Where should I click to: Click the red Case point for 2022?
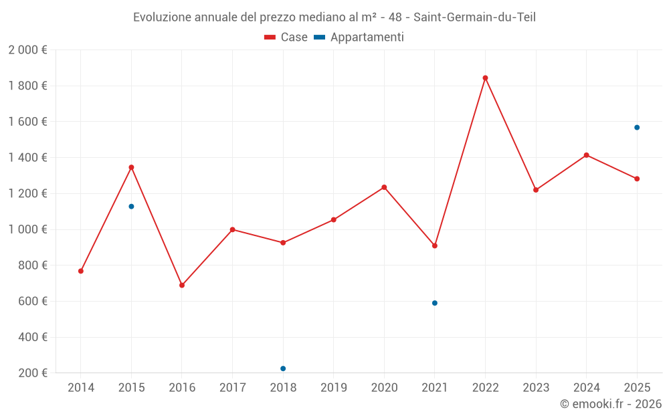coord(485,78)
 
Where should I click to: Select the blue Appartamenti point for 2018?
coord(283,369)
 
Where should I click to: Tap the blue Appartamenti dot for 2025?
coord(637,127)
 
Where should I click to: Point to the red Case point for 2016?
coord(182,285)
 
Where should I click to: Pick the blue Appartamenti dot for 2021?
coord(435,303)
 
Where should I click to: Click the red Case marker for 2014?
coord(81,271)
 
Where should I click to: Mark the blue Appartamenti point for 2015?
coord(131,206)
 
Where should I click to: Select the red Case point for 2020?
coord(384,187)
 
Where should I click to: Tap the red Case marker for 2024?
coord(586,155)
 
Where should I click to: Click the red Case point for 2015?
coord(131,167)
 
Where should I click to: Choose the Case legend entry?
coord(286,37)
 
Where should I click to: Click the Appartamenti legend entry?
coord(359,37)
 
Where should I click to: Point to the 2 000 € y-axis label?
coord(27,50)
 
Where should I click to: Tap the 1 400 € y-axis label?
coord(27,158)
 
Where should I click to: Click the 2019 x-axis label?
coord(333,388)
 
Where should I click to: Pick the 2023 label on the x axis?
coord(536,388)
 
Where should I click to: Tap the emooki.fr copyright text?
coord(611,404)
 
